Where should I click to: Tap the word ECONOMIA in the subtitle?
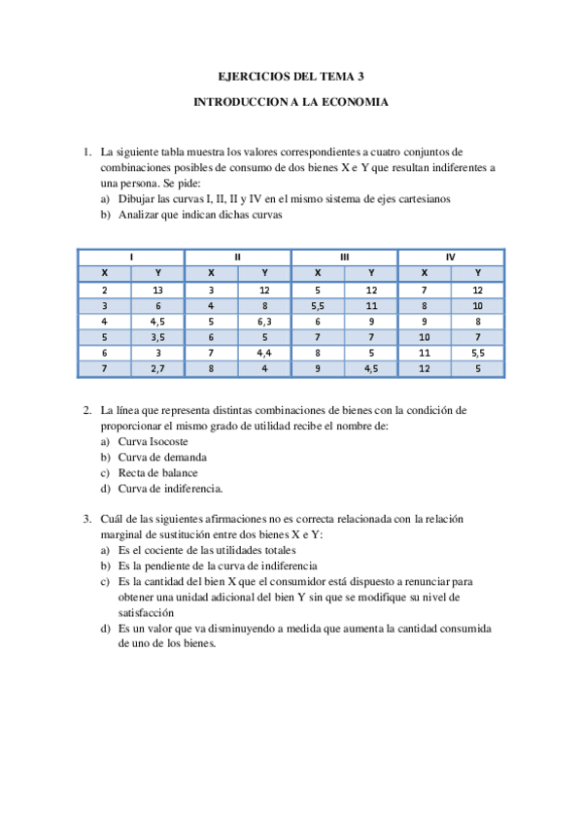[354, 101]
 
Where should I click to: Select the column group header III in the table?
[344, 257]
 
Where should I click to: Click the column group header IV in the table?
[450, 257]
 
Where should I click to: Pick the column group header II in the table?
[237, 257]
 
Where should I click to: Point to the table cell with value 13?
[157, 290]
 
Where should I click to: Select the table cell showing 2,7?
[157, 369]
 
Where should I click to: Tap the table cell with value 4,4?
[264, 353]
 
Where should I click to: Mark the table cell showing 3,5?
[157, 337]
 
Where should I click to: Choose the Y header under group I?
[157, 273]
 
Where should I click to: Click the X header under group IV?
[424, 273]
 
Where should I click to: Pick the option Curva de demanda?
[161, 457]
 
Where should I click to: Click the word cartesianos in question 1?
[422, 199]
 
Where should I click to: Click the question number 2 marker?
[86, 410]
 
